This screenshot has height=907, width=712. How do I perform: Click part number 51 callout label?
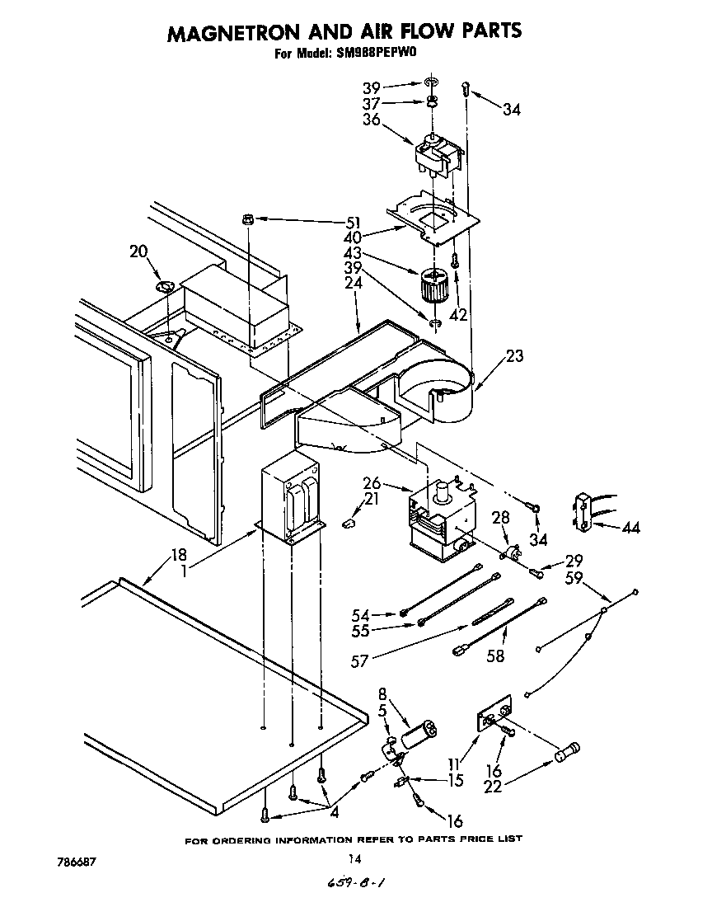click(x=353, y=222)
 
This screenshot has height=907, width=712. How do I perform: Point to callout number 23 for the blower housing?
click(x=515, y=356)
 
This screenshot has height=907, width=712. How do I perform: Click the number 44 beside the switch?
click(x=631, y=528)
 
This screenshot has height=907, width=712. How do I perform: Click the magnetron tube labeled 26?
click(x=441, y=519)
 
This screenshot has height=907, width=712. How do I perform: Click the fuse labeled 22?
click(x=568, y=751)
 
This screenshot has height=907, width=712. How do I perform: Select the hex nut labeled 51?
click(x=247, y=219)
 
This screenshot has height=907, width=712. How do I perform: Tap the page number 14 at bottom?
click(x=354, y=858)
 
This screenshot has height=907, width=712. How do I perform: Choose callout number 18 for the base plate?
click(x=179, y=554)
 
